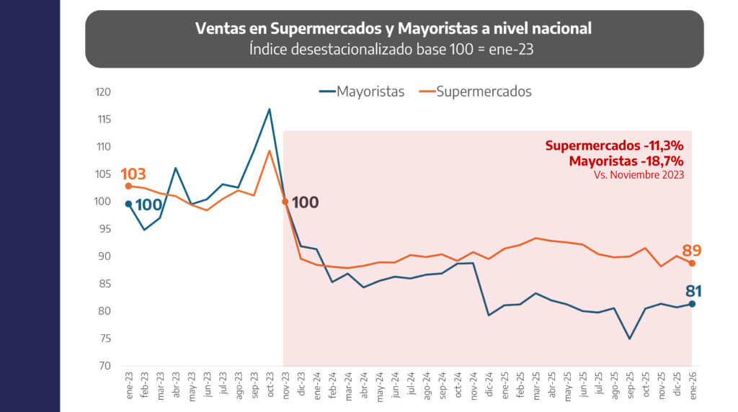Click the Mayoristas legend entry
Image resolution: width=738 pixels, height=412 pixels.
coord(362,91)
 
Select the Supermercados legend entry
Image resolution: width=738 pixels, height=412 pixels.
coord(476,91)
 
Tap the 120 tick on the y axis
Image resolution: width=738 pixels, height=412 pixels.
coord(103,91)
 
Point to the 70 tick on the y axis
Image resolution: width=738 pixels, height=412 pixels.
coord(105,365)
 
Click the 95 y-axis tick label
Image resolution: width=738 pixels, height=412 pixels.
coord(104,228)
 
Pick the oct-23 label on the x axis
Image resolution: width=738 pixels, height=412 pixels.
coord(270,384)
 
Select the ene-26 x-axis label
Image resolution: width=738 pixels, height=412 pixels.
coord(692,385)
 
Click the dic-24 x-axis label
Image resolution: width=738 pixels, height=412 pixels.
coord(489,384)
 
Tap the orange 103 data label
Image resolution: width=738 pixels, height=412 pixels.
coord(133,174)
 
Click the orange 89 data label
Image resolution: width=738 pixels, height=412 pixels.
coord(691,250)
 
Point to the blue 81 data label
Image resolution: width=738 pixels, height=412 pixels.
coord(693,291)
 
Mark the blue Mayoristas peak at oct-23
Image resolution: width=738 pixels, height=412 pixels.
coord(270,109)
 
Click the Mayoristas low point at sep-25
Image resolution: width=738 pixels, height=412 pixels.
coord(629,339)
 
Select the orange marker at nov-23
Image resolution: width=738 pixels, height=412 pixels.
coord(285,201)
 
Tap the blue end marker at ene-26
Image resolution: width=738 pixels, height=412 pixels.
coord(692,304)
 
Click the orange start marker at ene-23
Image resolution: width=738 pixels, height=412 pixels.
coord(128,186)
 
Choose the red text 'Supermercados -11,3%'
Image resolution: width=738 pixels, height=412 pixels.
coord(614,145)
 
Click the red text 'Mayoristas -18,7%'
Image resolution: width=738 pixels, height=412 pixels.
coord(626,161)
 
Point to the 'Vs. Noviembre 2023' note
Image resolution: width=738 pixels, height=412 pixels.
coord(639,175)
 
